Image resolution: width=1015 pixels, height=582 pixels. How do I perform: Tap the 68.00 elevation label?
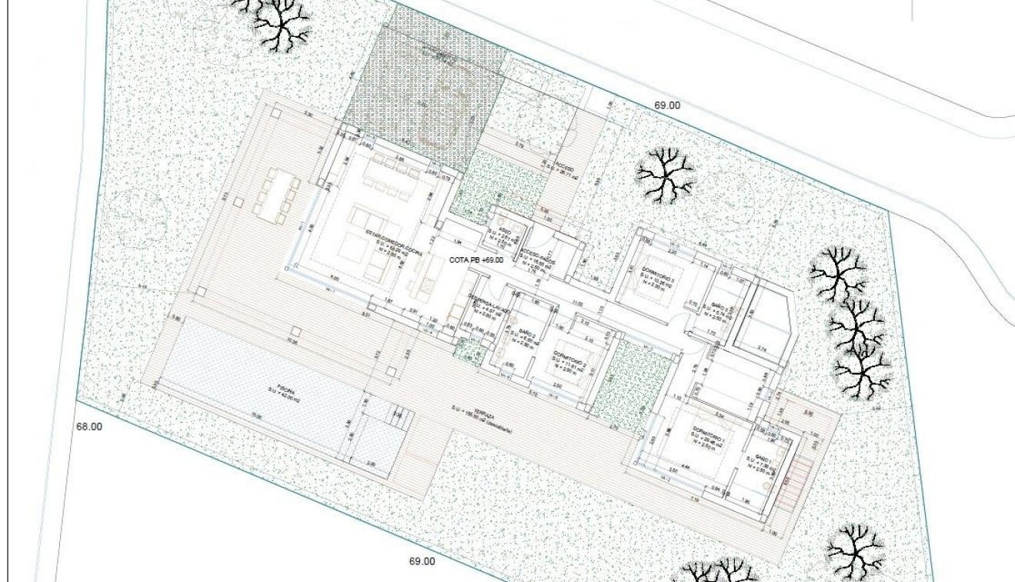[89, 425]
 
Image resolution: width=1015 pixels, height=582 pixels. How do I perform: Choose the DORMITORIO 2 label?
[569, 360]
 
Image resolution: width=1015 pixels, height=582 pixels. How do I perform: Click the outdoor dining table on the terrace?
[276, 196]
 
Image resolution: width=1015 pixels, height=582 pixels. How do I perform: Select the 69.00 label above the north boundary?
[666, 105]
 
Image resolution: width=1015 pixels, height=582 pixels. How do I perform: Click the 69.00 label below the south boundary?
[422, 561]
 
